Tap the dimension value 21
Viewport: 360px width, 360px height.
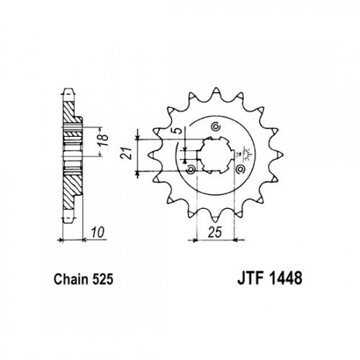pyautogui.click(x=127, y=153)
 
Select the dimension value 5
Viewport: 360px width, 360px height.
pyautogui.click(x=178, y=131)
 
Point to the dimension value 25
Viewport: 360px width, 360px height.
pyautogui.click(x=215, y=232)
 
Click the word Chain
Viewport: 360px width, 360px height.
pyautogui.click(x=71, y=279)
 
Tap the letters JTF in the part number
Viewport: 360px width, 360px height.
pyautogui.click(x=251, y=279)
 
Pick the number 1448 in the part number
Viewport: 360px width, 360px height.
pyautogui.click(x=286, y=279)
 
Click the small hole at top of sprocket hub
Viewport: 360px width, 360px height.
pyautogui.click(x=215, y=127)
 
